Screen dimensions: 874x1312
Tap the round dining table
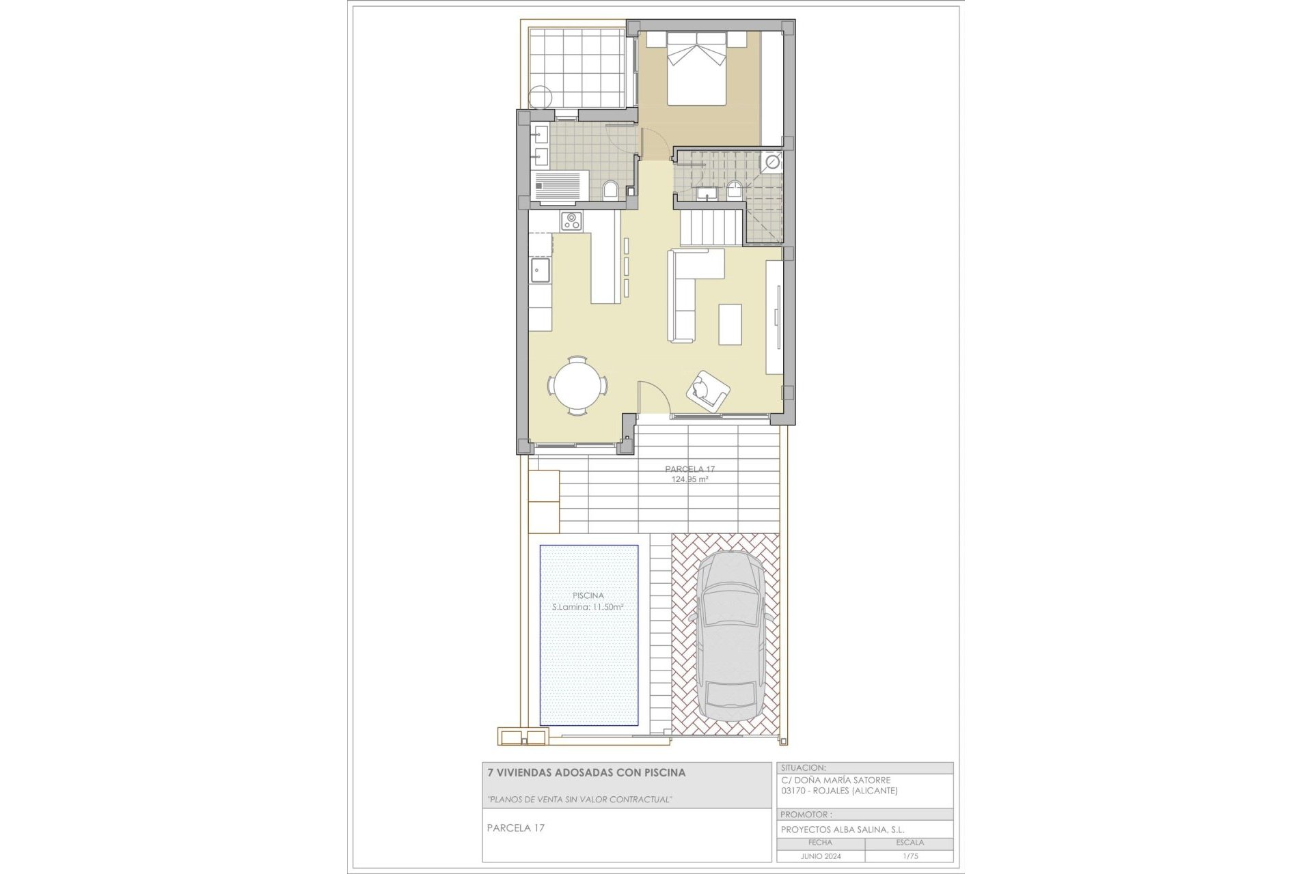point(578,386)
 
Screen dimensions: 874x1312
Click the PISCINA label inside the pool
point(588,595)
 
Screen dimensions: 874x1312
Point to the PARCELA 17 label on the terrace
point(689,469)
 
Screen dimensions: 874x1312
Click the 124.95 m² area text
point(689,479)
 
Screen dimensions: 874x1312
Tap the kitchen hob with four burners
point(571,221)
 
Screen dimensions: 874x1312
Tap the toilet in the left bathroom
point(612,189)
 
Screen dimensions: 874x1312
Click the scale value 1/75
point(909,856)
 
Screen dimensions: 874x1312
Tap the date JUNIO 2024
point(820,856)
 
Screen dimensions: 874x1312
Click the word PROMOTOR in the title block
point(806,814)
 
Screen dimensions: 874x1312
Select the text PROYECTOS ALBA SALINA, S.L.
point(843,829)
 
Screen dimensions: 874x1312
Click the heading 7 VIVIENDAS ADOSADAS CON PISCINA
point(586,773)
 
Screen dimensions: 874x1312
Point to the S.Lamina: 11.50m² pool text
point(588,607)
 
